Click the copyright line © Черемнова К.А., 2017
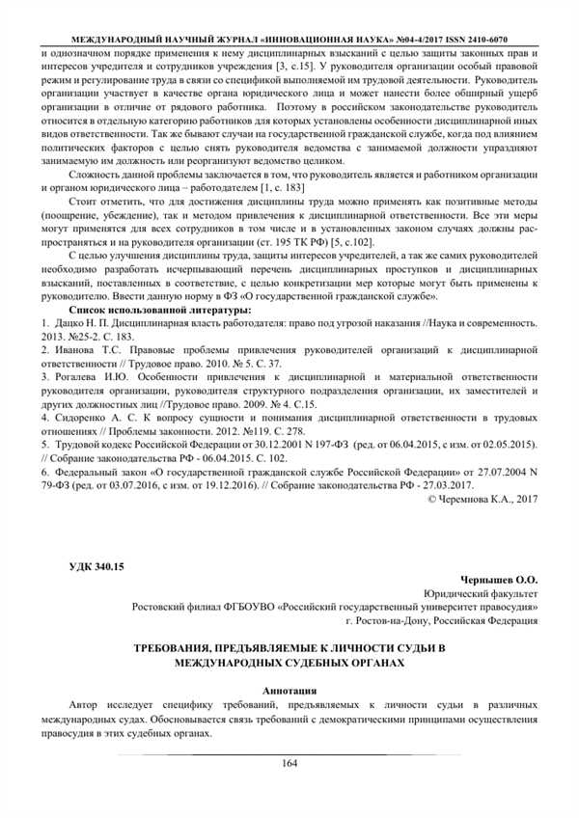(482, 499)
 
